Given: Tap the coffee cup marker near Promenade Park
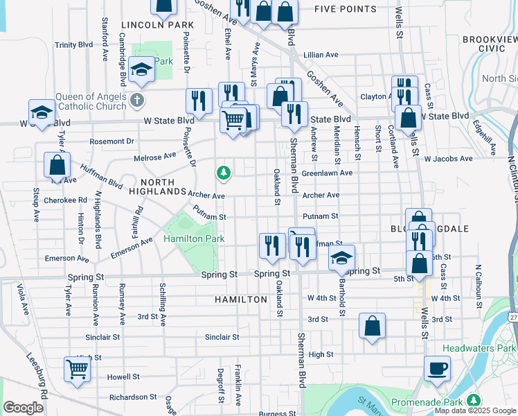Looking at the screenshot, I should click(436, 368).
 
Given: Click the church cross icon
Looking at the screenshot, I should click(137, 99).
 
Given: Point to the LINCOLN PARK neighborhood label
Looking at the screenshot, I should click(157, 25).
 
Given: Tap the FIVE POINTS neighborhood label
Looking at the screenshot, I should click(346, 10).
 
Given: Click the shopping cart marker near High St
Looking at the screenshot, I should click(76, 369).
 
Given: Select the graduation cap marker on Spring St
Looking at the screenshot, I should click(341, 258).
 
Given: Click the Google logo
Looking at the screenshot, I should click(23, 408).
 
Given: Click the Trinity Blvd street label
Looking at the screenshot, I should click(74, 45).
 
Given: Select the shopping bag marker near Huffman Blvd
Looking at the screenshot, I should click(57, 165).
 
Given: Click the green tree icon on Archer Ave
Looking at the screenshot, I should click(223, 172).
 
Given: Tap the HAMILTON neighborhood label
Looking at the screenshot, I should click(240, 300).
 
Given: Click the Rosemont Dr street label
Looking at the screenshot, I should click(111, 141).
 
